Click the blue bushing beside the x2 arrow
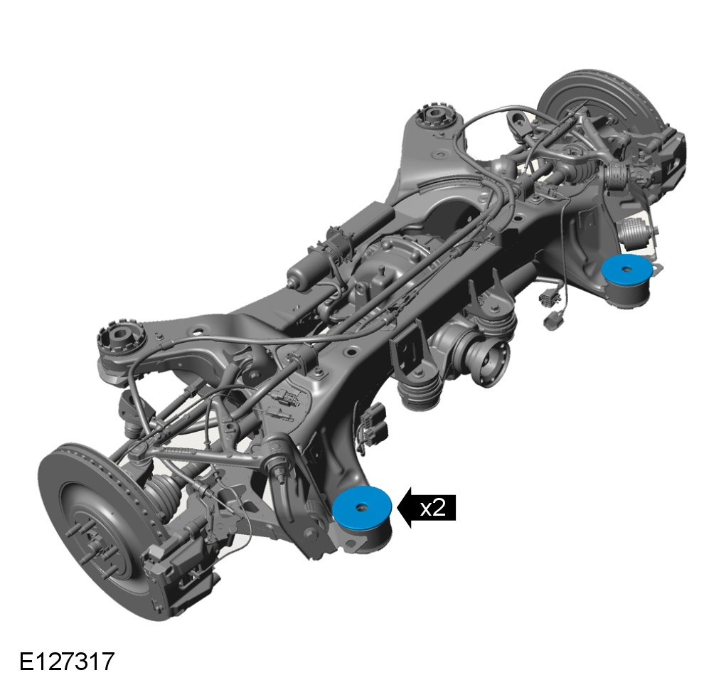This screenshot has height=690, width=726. point(362,508)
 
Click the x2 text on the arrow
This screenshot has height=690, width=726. point(433,509)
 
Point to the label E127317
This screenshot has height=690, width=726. point(67,662)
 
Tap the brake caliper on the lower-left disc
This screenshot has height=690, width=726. point(183,572)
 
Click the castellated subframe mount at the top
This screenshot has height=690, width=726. point(436,116)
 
